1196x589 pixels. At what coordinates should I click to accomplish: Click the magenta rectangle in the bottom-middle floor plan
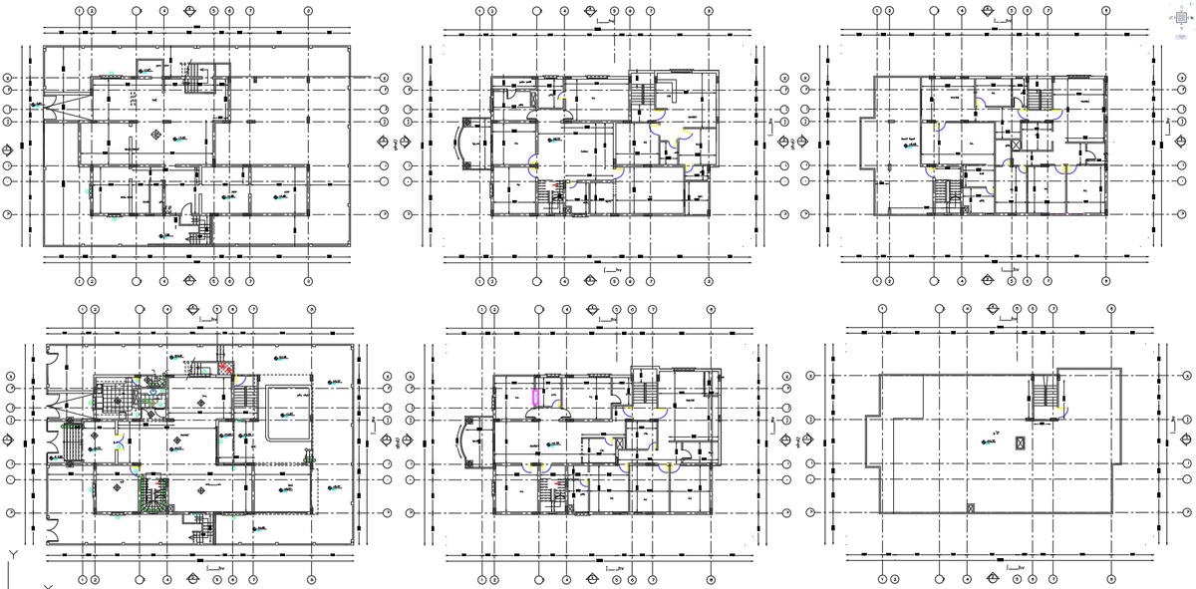(537, 396)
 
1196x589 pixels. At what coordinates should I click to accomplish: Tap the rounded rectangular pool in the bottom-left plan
(289, 411)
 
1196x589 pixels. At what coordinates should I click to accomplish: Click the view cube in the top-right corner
(1178, 19)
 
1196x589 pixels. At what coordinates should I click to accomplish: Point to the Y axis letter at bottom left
(11, 554)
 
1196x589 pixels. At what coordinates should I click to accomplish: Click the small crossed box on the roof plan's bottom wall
(969, 508)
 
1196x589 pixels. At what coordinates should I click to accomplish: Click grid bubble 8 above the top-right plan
(1105, 11)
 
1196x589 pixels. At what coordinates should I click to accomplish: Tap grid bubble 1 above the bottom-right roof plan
(883, 309)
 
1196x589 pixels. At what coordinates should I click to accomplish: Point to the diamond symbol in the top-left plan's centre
(154, 133)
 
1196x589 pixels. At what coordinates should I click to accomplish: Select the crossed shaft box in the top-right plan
(1016, 146)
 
